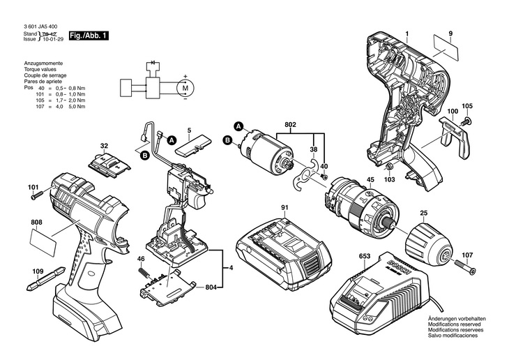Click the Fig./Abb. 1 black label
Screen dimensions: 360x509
89,36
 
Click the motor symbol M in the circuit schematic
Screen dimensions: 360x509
185,88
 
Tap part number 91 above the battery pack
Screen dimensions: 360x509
284,207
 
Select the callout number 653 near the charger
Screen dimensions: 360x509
364,257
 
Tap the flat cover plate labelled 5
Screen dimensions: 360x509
193,146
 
